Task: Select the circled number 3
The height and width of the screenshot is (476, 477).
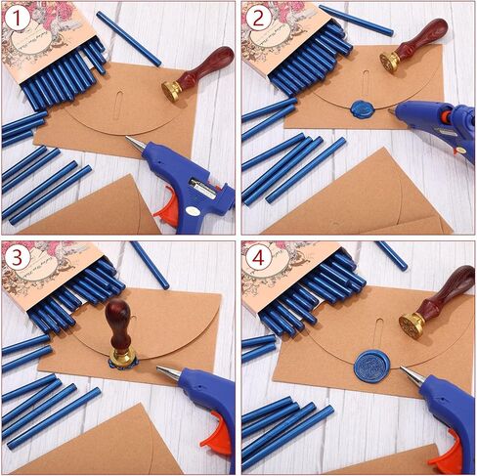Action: click(17, 257)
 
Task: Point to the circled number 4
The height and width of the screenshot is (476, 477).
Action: click(257, 257)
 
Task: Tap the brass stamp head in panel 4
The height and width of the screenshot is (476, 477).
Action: click(412, 322)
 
